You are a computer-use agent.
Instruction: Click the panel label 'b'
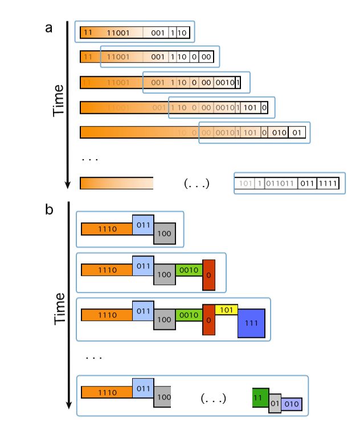[50, 210]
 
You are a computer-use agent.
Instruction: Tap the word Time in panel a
[59, 101]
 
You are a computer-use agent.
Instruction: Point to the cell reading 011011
[279, 184]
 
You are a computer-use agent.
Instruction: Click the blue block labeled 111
[251, 323]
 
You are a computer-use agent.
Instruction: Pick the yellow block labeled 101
[226, 310]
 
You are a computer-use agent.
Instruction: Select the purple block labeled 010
[291, 404]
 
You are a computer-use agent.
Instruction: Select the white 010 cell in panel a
[278, 133]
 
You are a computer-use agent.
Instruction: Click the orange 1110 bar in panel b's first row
[107, 229]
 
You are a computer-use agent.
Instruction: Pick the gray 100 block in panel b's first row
[164, 234]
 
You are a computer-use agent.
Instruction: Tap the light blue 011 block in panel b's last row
[143, 388]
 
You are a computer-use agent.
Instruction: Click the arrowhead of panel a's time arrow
[68, 184]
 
